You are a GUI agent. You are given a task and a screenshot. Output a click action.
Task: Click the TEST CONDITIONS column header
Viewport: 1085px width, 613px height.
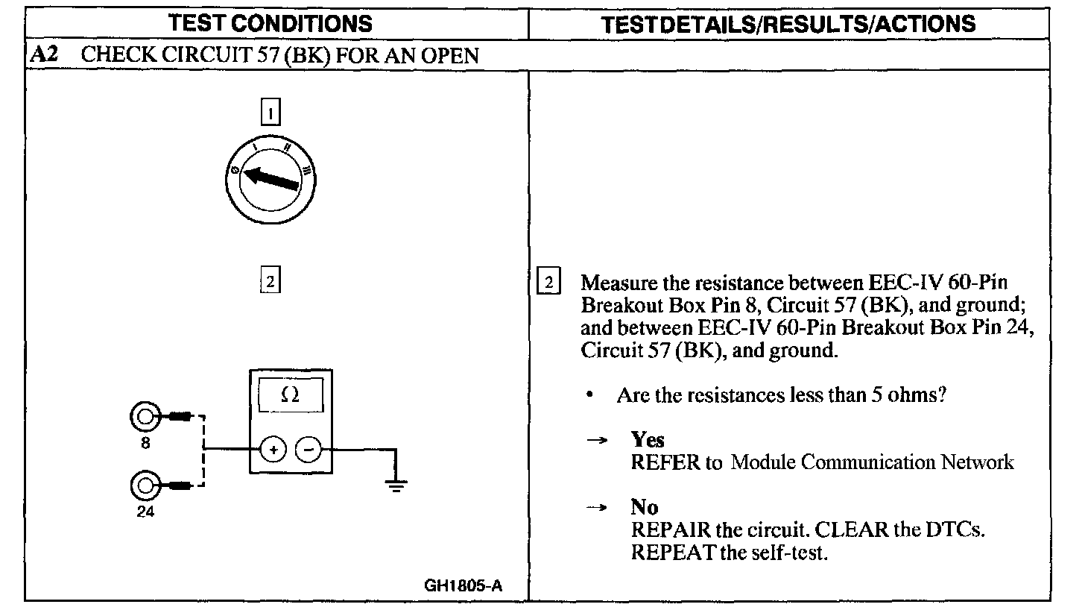pos(271,23)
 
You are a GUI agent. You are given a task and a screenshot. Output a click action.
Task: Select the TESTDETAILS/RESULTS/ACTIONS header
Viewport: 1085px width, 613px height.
pos(788,24)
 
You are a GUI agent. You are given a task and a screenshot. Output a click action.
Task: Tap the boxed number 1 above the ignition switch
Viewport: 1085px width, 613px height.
pos(270,113)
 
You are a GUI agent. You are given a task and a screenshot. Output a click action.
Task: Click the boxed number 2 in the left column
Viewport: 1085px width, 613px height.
pos(270,282)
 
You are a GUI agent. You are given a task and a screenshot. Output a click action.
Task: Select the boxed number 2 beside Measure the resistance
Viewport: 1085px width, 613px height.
pos(548,283)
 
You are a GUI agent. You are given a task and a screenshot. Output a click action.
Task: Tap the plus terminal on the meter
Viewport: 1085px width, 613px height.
pos(273,450)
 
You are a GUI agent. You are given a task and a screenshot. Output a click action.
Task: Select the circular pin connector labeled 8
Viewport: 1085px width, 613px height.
pos(145,417)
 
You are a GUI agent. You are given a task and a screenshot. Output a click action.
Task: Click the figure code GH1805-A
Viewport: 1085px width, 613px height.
pos(463,585)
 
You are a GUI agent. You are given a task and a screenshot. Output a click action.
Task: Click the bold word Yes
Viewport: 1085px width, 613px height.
pos(647,439)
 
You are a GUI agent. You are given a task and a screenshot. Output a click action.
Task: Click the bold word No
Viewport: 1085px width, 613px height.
pos(644,507)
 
